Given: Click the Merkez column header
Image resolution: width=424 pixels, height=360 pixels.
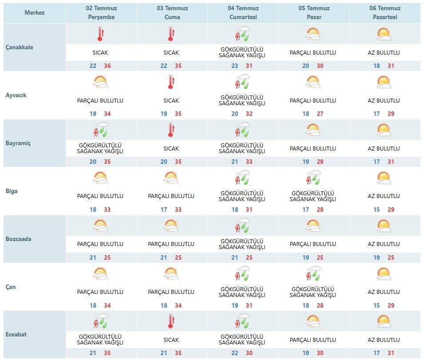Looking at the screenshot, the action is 35,12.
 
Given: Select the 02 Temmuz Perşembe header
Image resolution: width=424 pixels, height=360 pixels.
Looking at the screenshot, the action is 101,12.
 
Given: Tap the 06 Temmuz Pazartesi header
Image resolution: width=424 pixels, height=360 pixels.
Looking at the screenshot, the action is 385,12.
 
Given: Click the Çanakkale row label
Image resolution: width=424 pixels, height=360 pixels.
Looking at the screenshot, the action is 20,47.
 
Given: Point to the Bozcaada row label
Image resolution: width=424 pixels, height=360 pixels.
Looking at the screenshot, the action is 18,239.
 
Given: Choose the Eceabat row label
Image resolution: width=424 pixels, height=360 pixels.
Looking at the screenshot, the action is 16,334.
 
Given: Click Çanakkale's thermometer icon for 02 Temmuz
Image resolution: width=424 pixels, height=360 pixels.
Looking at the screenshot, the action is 100,34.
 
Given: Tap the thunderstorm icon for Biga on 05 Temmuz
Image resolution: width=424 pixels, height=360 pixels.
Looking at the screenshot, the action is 313,177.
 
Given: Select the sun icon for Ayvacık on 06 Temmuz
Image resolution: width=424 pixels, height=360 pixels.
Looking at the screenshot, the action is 384,82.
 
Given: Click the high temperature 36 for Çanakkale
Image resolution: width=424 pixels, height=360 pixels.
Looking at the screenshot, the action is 107,66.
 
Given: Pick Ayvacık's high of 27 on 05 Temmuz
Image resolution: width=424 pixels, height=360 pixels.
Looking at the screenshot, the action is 320,114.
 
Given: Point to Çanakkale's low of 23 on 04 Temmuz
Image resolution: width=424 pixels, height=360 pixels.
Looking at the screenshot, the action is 235,66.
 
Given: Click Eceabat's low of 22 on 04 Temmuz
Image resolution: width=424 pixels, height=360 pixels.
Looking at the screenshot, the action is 235,353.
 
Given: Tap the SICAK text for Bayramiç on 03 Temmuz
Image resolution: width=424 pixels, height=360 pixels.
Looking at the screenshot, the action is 171,148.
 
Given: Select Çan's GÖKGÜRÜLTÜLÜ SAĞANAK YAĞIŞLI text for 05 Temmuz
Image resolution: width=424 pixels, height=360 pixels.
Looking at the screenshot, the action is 313,292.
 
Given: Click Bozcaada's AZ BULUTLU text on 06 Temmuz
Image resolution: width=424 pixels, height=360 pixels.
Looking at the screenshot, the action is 384,244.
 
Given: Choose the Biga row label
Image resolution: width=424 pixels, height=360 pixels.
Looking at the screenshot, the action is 12,191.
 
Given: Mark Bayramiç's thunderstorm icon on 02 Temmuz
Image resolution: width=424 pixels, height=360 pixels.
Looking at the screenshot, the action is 100,130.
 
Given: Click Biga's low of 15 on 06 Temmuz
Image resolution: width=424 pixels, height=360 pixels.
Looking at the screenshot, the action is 376,210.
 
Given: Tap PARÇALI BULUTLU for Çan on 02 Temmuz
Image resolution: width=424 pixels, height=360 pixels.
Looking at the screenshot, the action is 100,292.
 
